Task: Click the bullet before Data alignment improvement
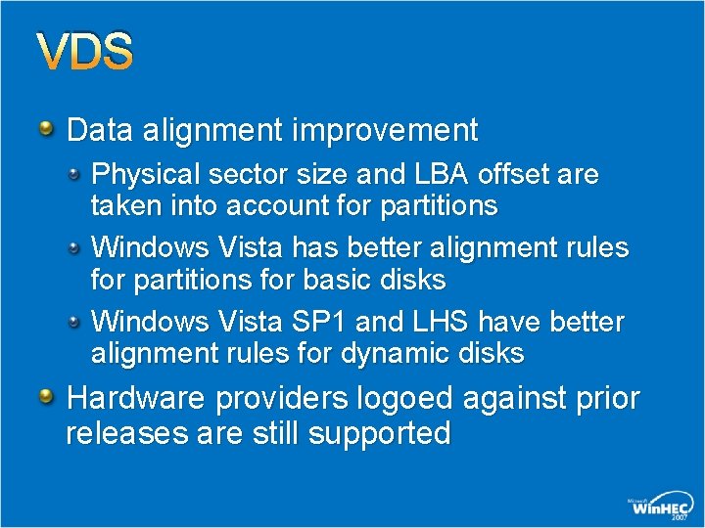[x=46, y=127]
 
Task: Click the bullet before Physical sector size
[x=75, y=173]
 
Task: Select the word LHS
[x=427, y=322]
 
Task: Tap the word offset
[x=542, y=175]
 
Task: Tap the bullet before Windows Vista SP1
[x=75, y=320]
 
